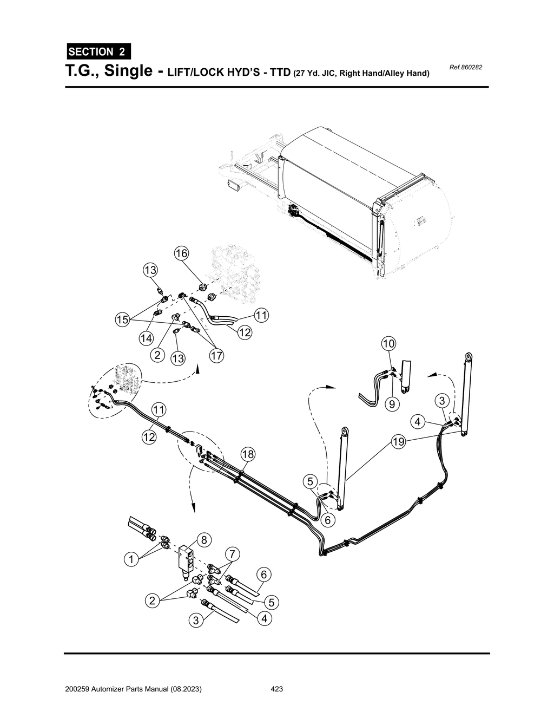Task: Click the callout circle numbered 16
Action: tap(181, 253)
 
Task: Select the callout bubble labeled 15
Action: tap(122, 320)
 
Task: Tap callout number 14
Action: tap(146, 338)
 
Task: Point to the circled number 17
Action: tap(217, 356)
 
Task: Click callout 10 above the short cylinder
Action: tap(388, 343)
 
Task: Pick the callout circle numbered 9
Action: tap(392, 404)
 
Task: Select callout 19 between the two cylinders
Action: tap(398, 442)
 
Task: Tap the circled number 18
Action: tap(248, 454)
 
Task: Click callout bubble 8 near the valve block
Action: tap(204, 540)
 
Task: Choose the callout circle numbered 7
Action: tap(232, 554)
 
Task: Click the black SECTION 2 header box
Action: tap(98, 52)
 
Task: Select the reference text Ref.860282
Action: tap(465, 68)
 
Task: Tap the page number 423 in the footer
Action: tap(276, 689)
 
